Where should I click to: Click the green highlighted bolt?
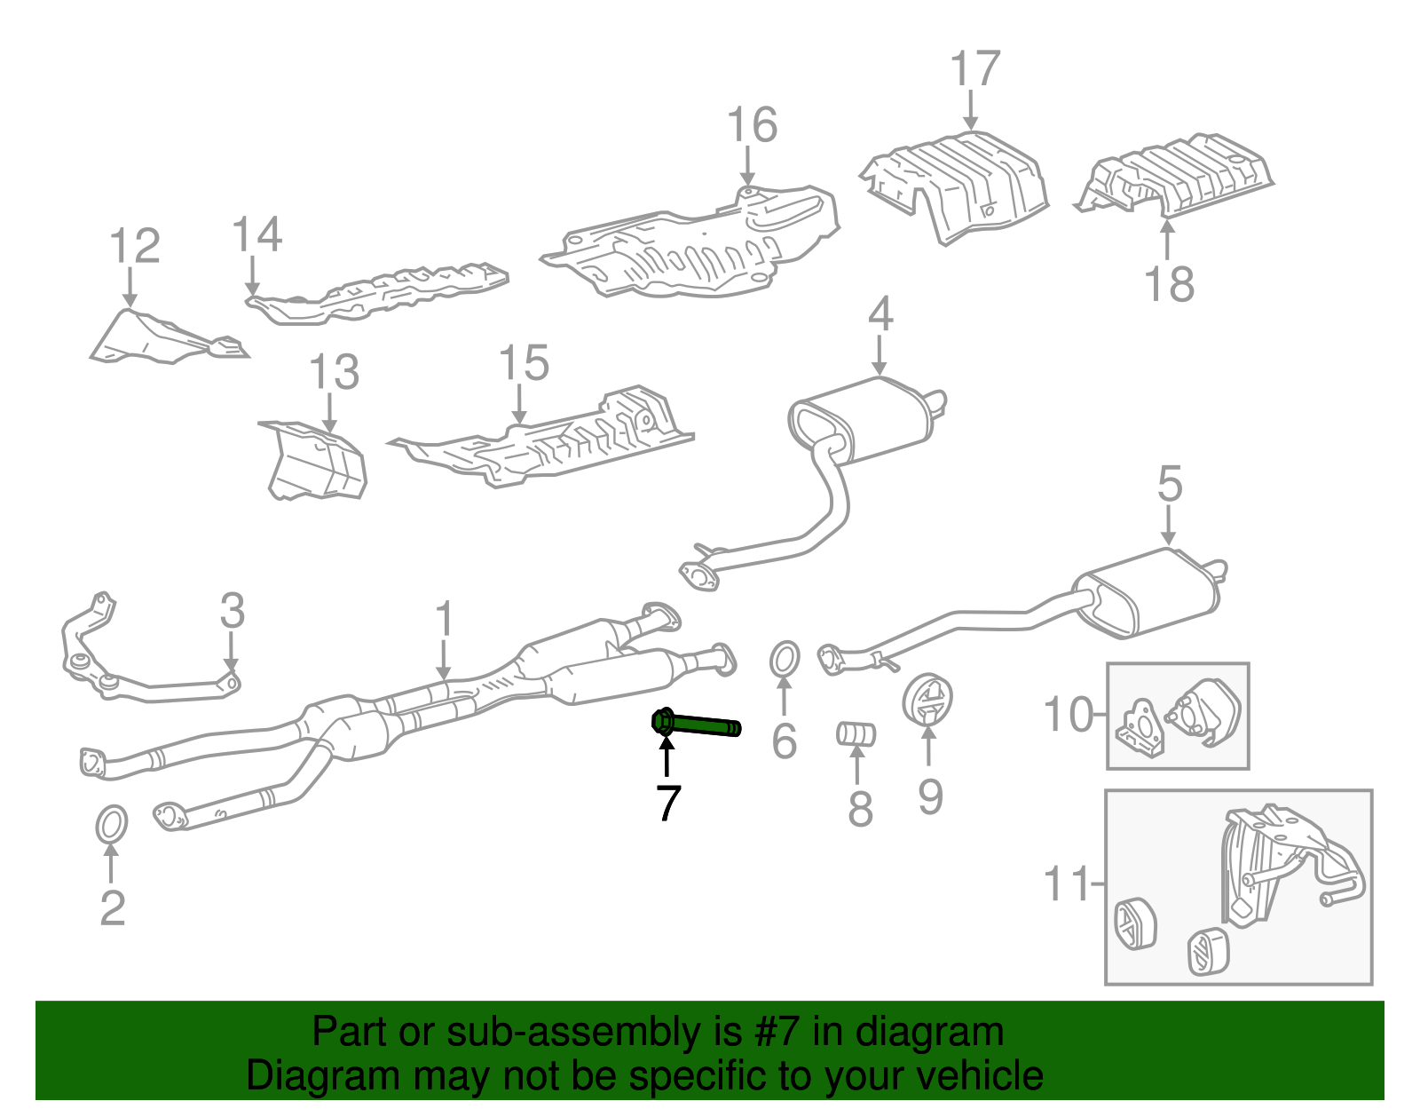(x=697, y=725)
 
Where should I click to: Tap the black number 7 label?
(x=668, y=804)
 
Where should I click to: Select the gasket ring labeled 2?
(x=111, y=825)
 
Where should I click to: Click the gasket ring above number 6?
(x=784, y=660)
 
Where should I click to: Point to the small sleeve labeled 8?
(x=856, y=733)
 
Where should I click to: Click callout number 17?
(x=974, y=69)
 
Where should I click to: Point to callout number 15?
(x=524, y=363)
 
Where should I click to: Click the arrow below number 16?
(x=747, y=168)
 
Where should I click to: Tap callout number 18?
(x=1169, y=284)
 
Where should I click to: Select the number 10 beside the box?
(x=1069, y=715)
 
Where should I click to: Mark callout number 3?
(x=232, y=611)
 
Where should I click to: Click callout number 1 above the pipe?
(x=444, y=620)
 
